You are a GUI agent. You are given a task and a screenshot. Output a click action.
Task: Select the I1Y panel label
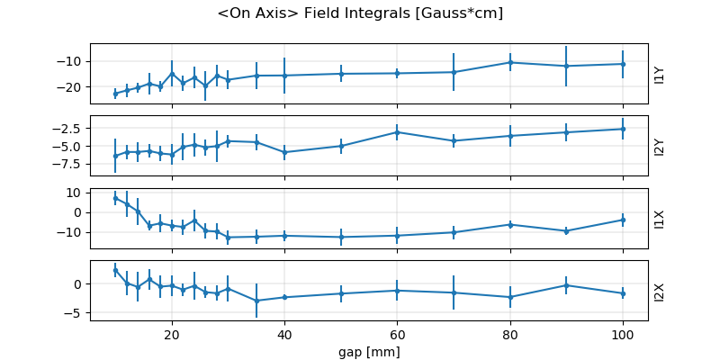coord(660,74)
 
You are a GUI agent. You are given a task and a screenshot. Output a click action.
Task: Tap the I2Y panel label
coord(660,146)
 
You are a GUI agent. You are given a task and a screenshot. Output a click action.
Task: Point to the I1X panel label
coord(660,218)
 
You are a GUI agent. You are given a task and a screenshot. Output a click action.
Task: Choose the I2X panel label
coord(660,290)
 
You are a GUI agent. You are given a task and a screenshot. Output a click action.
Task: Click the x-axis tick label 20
coord(172,334)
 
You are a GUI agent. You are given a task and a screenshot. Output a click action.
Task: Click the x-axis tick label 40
coord(284,334)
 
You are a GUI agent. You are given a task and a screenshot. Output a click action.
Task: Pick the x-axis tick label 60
coord(397,334)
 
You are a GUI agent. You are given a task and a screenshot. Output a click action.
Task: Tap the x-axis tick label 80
coord(510,334)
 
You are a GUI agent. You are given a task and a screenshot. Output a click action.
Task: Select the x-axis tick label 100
coord(623,334)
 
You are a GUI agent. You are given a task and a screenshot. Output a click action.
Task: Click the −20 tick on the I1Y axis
coord(70,87)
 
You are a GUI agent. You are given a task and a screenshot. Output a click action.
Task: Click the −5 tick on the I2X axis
coord(74,313)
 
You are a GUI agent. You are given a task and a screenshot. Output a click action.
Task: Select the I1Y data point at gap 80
coord(510,62)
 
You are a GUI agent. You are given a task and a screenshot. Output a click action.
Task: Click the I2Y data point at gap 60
coord(397,132)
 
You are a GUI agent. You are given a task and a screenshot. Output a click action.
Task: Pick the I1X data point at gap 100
coord(623,220)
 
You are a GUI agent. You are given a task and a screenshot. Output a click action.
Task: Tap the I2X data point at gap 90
coord(566,285)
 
